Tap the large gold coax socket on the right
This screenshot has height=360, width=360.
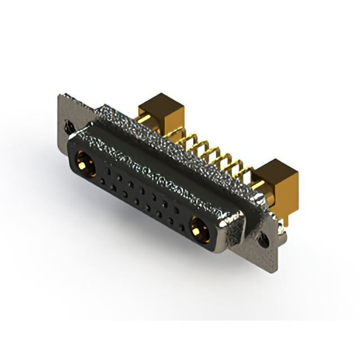pos(197,229)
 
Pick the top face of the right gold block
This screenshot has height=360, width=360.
pos(274,167)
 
